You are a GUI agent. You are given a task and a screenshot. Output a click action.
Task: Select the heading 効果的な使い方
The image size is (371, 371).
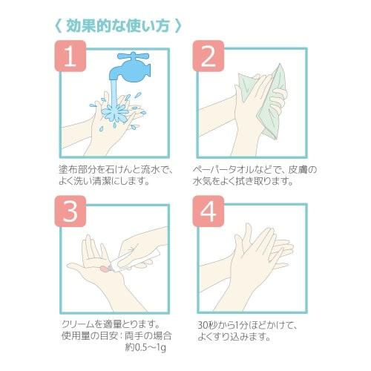pos(119,24)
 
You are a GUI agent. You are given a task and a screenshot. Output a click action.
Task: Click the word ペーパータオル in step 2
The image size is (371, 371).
pos(226,169)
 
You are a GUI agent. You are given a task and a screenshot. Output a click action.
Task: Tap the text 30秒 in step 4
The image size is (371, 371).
pos(210,324)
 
